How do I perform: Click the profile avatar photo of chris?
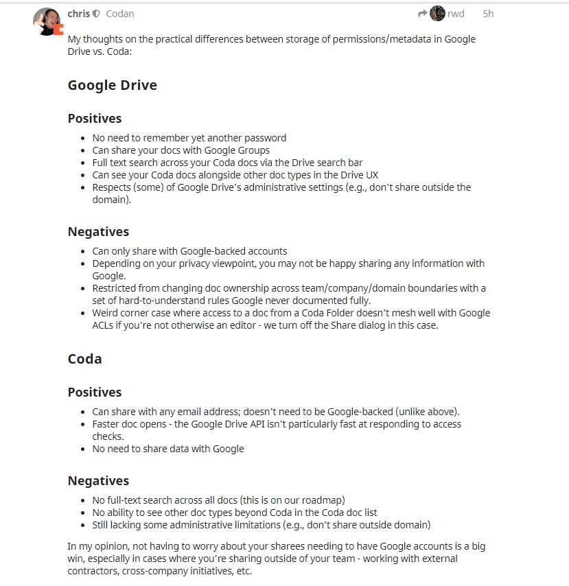point(47,22)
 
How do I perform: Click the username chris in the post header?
point(78,14)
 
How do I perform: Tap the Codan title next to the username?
point(120,14)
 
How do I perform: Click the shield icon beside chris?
point(97,14)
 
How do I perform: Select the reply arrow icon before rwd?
point(422,14)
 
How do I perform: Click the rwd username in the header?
point(456,14)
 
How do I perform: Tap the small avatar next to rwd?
point(438,14)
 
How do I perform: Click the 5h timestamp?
point(488,14)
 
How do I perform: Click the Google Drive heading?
point(112,85)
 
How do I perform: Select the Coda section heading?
point(84,359)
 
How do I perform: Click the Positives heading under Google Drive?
point(94,118)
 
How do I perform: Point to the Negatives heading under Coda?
point(98,480)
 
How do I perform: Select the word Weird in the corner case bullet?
point(106,313)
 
